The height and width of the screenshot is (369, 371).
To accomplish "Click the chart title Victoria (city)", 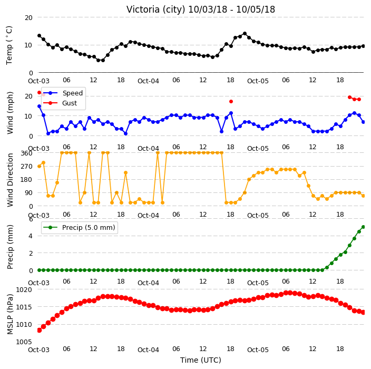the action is point(156,9).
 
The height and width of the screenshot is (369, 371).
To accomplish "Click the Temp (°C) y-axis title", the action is point(9,45).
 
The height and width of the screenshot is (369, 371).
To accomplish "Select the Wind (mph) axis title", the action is point(10,113).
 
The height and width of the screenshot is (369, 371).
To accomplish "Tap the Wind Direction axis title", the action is point(10,180).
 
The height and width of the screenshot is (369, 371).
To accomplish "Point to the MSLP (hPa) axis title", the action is point(10,314).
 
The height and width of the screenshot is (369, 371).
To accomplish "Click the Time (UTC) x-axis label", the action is point(201,360).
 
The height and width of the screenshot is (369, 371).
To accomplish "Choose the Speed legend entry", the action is point(72,93).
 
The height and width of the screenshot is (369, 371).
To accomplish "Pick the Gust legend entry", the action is point(70,103).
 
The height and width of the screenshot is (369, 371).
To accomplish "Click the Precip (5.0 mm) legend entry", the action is point(89,227).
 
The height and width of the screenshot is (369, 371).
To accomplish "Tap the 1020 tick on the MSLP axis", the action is point(24,290).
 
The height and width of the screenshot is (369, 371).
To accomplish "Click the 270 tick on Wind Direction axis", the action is point(26,167).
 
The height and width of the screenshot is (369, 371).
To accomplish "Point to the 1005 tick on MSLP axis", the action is point(24,342).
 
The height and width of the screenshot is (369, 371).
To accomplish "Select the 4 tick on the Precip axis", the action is point(31,236).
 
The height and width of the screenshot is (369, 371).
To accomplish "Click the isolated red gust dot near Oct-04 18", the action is point(231,102).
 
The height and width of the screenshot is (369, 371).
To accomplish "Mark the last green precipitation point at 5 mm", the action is point(364,227).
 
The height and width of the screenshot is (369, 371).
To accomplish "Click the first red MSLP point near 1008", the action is point(40,330).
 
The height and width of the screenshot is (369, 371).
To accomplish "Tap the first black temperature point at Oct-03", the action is point(40,35).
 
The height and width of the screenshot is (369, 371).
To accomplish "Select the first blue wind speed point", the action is point(40,106).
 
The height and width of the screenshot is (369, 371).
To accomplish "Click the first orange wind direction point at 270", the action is point(40,167).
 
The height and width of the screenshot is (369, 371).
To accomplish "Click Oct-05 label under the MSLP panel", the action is point(258,350).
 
